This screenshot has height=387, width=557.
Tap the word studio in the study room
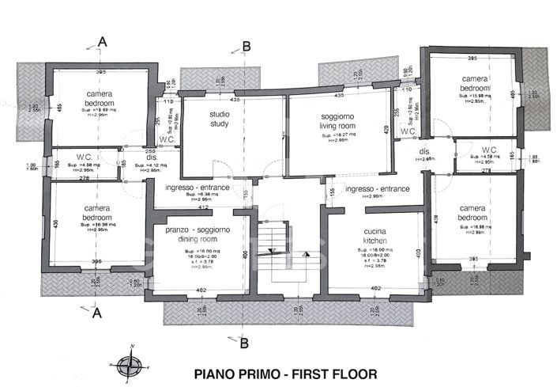pyautogui.click(x=219, y=115)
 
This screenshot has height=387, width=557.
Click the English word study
pyautogui.click(x=219, y=123)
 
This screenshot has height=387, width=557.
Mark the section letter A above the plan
pyautogui.click(x=101, y=41)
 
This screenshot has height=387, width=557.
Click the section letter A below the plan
pyautogui.click(x=98, y=313)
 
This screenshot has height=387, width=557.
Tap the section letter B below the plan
pyautogui.click(x=243, y=342)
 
